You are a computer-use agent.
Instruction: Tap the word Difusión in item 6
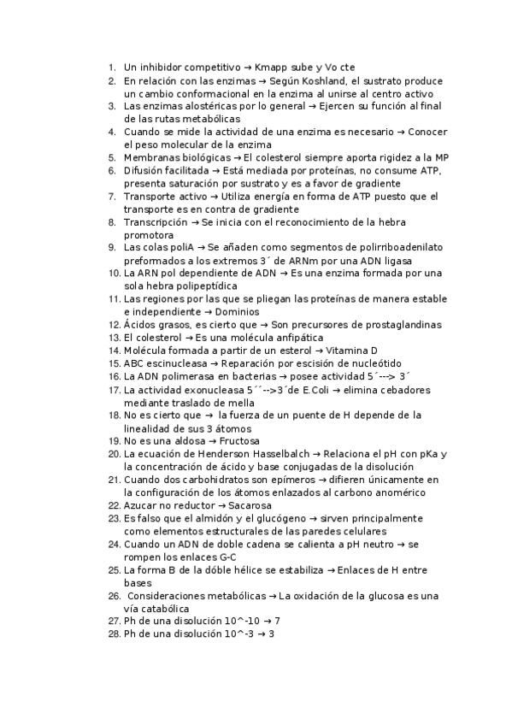point(146,170)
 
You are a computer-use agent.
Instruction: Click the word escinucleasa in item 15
point(176,363)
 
